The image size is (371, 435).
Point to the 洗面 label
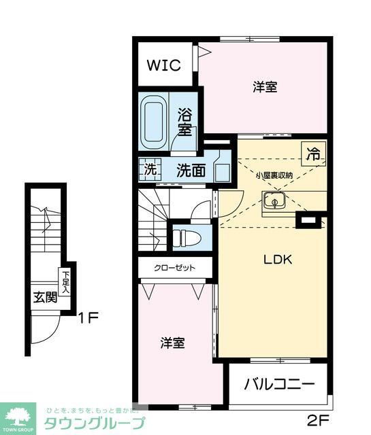coord(191,171)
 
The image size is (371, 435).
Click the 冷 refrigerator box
coord(312,154)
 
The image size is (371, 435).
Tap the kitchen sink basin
coord(274,201)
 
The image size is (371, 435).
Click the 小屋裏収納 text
coord(274,175)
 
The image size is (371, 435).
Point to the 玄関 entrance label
coord(45,298)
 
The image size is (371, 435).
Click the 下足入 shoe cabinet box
coord(66,281)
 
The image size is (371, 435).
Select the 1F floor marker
coord(88,317)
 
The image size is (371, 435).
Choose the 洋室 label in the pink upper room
coord(265,87)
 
